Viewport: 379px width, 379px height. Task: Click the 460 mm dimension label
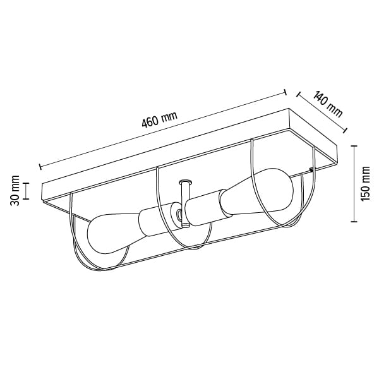pyautogui.click(x=160, y=119)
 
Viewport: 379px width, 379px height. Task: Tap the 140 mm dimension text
pyautogui.click(x=328, y=104)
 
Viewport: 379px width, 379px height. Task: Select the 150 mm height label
pyautogui.click(x=365, y=183)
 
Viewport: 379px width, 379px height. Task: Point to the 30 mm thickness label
pyautogui.click(x=15, y=191)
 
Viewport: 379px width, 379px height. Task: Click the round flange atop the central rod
pyautogui.click(x=185, y=181)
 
